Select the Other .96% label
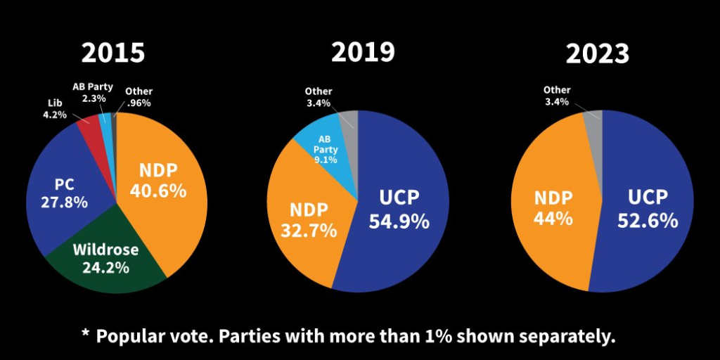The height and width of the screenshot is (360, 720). [x=139, y=96]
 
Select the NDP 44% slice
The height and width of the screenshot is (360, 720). [x=552, y=207]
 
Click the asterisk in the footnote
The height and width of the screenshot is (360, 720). [x=85, y=334]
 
